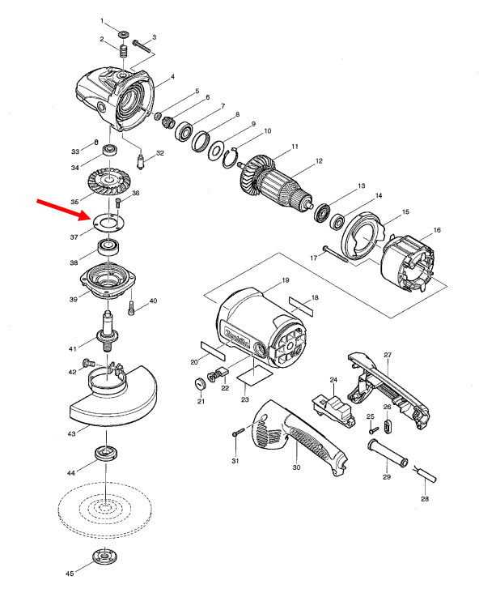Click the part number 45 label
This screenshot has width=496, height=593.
pos(70,574)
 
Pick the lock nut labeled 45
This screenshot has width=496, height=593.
pos(104,558)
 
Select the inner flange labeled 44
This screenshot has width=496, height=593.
pos(105,452)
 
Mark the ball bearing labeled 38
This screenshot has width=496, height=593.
pos(106,245)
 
